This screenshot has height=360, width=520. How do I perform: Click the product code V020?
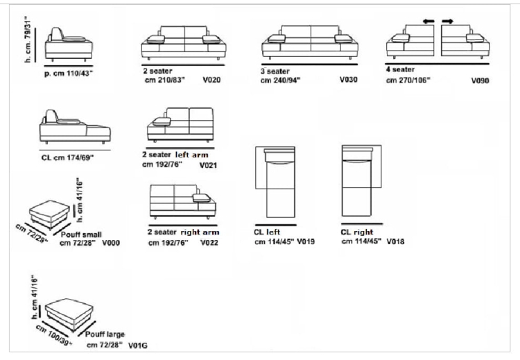(211, 80)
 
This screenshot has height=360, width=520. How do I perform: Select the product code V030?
(349, 80)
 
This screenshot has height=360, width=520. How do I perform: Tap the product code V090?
(480, 80)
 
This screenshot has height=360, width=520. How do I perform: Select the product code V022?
(209, 243)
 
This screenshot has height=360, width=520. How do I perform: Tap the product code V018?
(395, 241)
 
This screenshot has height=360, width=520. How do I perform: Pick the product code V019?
(306, 241)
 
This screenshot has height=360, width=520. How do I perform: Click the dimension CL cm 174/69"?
(67, 157)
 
